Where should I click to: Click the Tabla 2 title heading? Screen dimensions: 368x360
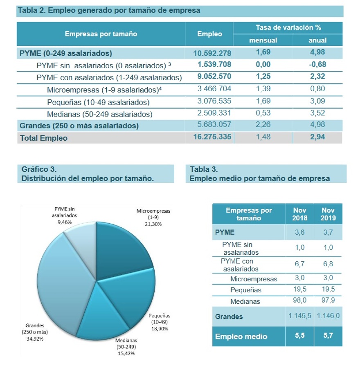tap(109, 11)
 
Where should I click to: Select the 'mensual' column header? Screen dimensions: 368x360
tap(263, 40)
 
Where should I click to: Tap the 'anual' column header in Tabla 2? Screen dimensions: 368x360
tap(317, 40)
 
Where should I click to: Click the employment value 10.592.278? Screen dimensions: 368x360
tap(212, 53)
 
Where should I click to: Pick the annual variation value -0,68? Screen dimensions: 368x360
tap(317, 65)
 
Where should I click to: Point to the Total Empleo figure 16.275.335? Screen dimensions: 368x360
tap(212, 137)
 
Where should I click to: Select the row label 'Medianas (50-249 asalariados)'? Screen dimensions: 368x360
tap(99, 114)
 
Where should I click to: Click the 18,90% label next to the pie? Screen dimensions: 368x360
tap(159, 328)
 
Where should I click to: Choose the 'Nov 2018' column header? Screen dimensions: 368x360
tap(299, 214)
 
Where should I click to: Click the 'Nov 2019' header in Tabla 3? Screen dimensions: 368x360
tap(328, 214)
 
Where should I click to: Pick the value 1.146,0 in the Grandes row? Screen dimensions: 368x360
tap(328, 316)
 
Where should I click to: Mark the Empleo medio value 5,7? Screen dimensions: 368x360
tap(328, 336)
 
